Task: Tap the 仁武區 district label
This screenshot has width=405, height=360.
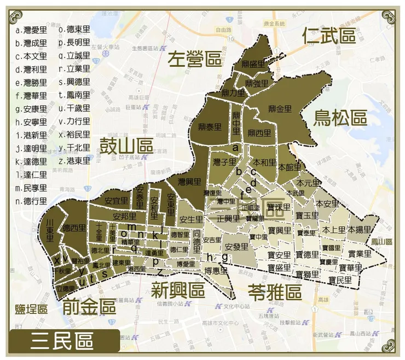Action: pyautogui.click(x=329, y=37)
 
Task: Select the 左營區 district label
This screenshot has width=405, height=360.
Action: pyautogui.click(x=194, y=59)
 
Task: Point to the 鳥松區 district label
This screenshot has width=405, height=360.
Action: pyautogui.click(x=339, y=117)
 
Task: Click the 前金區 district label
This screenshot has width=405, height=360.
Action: pyautogui.click(x=89, y=306)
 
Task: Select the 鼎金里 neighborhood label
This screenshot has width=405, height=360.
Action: pyautogui.click(x=280, y=109)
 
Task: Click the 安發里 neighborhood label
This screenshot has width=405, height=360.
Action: pyautogui.click(x=236, y=247)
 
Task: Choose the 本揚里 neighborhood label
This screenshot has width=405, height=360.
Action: pyautogui.click(x=359, y=229)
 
